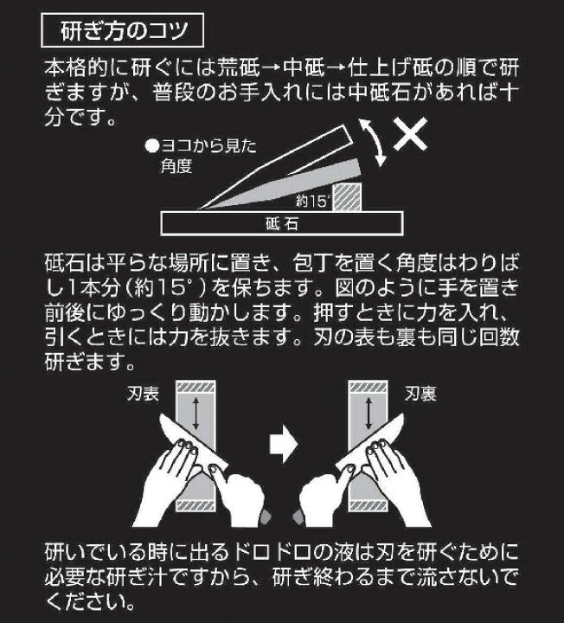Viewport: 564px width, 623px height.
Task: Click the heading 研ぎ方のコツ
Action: [x=123, y=30]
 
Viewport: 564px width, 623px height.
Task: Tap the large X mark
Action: [x=411, y=134]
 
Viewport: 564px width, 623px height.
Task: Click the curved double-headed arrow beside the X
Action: [x=374, y=142]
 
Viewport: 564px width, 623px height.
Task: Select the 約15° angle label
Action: [x=313, y=202]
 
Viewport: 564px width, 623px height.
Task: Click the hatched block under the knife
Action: [x=347, y=197]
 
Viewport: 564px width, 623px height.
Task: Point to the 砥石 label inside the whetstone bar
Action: [x=282, y=224]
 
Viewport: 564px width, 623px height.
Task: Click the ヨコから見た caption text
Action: [x=209, y=146]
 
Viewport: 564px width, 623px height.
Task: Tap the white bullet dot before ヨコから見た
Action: [x=151, y=146]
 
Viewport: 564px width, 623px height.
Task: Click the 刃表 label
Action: [x=143, y=394]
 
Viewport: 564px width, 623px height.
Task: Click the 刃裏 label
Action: [x=420, y=394]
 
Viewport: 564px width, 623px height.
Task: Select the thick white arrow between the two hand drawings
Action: [x=283, y=443]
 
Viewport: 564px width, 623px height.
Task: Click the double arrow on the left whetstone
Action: [x=195, y=414]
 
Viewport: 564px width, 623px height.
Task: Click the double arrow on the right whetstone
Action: [x=369, y=414]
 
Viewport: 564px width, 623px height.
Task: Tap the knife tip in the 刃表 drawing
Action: [x=160, y=415]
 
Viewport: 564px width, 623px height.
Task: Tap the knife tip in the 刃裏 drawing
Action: [x=403, y=414]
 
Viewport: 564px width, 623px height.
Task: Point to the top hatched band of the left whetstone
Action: [x=195, y=387]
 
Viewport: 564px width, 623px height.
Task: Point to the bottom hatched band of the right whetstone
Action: [x=368, y=506]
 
